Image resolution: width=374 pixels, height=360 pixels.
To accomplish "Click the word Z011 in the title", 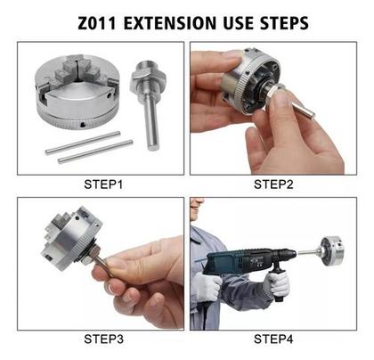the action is (97, 23).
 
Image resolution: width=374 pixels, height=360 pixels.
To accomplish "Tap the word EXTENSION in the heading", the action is (170, 23).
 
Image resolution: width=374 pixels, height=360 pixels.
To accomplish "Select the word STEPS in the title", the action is (284, 23).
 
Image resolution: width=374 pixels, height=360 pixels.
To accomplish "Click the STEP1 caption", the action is (103, 184).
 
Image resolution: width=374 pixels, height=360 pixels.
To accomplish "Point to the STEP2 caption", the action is (273, 184).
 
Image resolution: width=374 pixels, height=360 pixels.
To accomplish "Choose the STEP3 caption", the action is (103, 339).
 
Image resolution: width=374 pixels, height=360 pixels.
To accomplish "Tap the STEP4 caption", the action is (273, 339).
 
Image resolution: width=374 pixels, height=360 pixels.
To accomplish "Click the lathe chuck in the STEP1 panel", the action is (77, 93).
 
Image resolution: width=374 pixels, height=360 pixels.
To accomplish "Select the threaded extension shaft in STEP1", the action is (148, 105).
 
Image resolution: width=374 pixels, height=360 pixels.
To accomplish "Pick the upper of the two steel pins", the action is (83, 143).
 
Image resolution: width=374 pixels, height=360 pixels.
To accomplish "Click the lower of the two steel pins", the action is (95, 151).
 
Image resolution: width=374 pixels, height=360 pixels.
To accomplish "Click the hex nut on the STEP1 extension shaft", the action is (148, 78).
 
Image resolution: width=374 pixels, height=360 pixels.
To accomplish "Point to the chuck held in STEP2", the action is (252, 81).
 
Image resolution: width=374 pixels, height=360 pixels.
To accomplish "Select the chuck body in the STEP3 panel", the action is (72, 239).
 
